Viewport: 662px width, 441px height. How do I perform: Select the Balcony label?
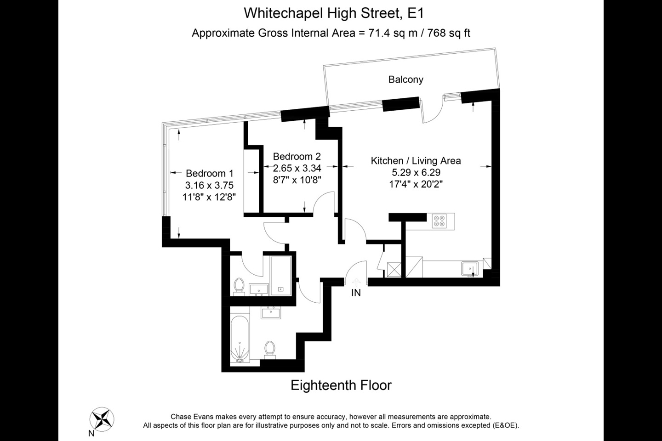405,79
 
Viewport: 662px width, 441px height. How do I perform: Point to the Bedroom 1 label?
210,174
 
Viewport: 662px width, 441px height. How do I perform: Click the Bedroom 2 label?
297,156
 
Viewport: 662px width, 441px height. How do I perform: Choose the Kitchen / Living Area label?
416,161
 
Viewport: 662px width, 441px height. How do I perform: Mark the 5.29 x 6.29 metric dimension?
416,173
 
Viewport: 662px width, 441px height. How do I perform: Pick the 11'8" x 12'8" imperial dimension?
209,198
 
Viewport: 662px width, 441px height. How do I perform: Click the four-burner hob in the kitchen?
439,221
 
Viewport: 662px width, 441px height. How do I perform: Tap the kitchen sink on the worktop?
470,269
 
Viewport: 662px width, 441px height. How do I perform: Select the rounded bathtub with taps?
239,339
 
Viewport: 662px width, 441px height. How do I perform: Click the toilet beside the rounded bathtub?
270,349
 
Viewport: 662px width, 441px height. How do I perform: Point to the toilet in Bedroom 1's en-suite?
239,285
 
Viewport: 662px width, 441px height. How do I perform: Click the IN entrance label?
356,293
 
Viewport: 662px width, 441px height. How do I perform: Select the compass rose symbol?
102,419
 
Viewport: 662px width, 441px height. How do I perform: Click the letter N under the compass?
91,433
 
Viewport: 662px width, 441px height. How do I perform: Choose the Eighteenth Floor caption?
341,385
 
